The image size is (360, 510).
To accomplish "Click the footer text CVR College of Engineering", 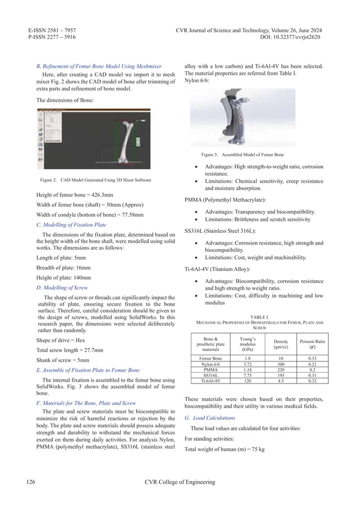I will point(179,482).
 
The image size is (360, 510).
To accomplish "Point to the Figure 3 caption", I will point(242,154).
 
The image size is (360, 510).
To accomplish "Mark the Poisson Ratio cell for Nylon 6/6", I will point(312,364).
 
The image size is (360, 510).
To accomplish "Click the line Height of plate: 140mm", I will point(59,277).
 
